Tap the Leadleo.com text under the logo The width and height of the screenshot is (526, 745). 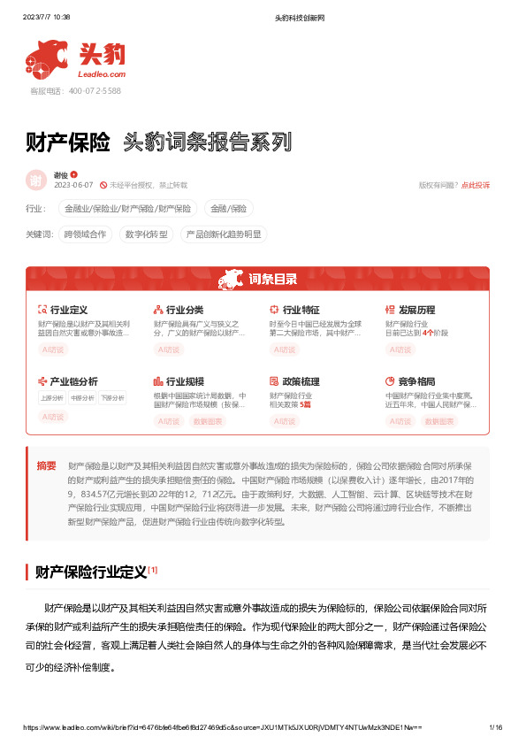point(103,76)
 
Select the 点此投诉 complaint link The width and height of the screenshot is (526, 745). point(476,185)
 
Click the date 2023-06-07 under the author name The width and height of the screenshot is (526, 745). point(73,185)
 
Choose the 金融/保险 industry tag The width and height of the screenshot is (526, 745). point(228,209)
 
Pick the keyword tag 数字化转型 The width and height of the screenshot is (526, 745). point(146,234)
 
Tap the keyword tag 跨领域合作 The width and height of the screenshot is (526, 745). point(85,234)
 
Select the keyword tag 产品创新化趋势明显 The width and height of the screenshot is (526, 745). point(222,234)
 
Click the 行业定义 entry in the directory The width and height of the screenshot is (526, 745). point(68,310)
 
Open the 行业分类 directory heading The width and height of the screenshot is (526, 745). point(184,310)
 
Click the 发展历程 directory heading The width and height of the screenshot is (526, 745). point(416,310)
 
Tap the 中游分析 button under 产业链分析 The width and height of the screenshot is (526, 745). point(82,398)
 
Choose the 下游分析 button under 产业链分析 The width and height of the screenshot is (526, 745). point(111,398)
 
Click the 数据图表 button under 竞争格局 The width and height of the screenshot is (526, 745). point(439,421)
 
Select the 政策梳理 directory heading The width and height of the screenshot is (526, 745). point(300,381)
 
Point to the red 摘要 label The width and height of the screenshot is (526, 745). point(46,465)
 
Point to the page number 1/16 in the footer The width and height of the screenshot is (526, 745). point(495,726)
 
